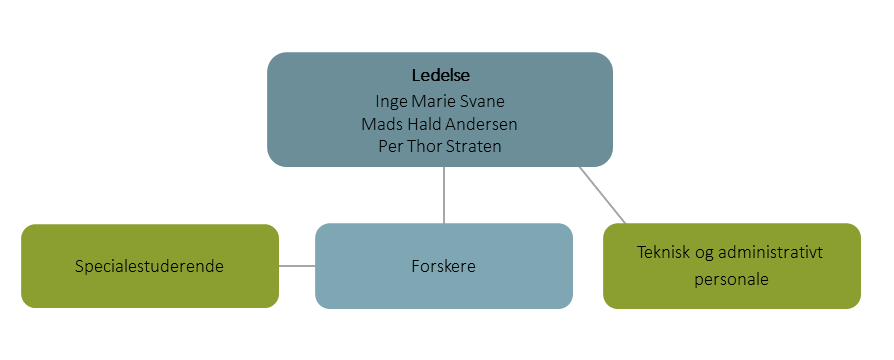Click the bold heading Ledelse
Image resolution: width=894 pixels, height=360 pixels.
[x=440, y=76]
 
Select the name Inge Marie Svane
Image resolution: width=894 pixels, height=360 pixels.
[x=440, y=101]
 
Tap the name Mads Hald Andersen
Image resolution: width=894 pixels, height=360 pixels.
[x=440, y=123]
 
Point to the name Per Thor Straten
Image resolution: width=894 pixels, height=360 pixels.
[x=440, y=146]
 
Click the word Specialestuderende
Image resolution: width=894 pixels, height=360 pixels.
[x=149, y=267]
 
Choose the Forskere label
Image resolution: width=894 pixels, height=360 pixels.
[x=444, y=267]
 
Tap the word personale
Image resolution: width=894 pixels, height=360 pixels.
[x=731, y=279]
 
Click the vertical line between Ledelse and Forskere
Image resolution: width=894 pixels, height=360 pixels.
[x=444, y=195]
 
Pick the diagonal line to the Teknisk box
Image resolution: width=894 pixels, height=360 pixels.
[x=603, y=195]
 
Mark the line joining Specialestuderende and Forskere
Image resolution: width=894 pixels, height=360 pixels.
[x=297, y=266]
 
